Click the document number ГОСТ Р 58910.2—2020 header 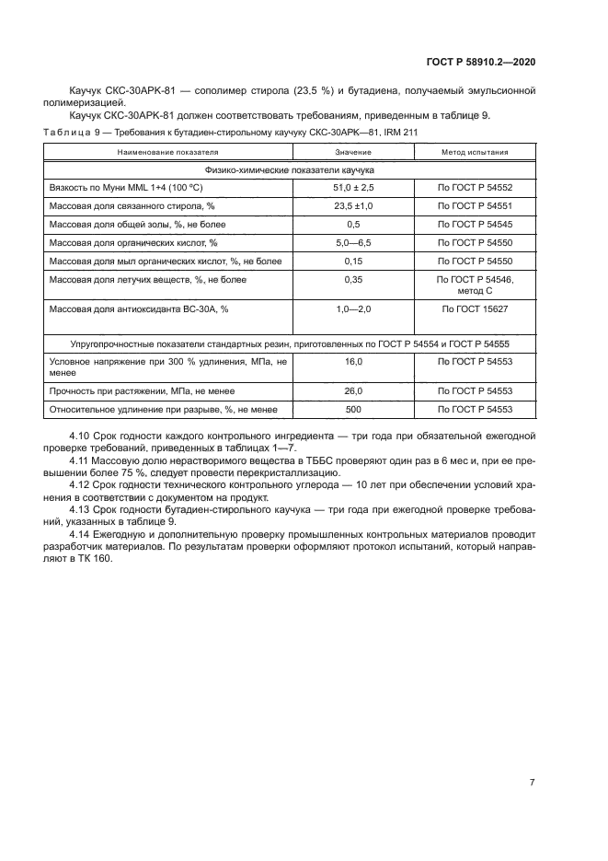tap(481, 61)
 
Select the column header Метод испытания tap(475, 152)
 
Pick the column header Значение tap(353, 152)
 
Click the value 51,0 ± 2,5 tap(353, 187)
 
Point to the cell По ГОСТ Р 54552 tap(475, 187)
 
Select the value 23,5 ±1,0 tap(353, 205)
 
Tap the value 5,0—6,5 tap(353, 242)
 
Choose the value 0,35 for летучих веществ tap(353, 279)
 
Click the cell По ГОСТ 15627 tap(475, 309)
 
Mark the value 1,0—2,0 tap(353, 309)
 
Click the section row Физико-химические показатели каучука tap(289, 169)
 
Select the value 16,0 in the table tap(353, 362)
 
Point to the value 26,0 tap(353, 391)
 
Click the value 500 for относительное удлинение tap(353, 410)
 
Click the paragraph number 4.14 tap(80, 534)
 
